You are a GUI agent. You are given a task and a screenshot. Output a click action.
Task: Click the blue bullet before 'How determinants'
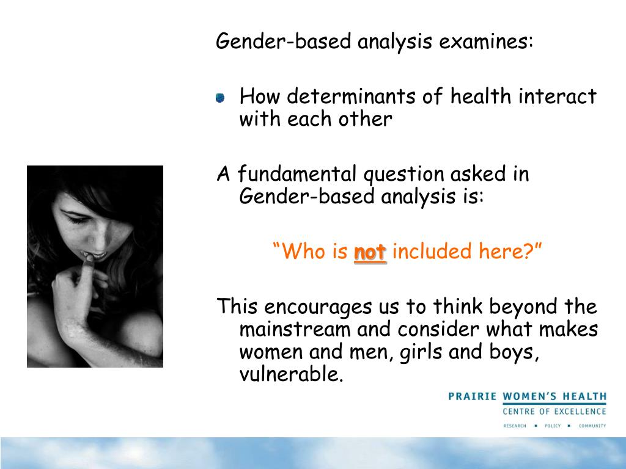(x=220, y=98)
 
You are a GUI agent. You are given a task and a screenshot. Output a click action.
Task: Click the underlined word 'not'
(x=370, y=252)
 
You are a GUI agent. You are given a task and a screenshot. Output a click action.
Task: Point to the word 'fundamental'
(x=298, y=175)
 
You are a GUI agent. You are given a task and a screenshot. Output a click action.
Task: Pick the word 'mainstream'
(x=295, y=330)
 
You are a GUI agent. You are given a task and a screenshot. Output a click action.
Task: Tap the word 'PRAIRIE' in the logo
(x=473, y=396)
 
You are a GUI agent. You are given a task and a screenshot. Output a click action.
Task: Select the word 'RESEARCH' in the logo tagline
(x=514, y=426)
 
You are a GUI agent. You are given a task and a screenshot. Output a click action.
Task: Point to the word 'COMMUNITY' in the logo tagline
(x=592, y=426)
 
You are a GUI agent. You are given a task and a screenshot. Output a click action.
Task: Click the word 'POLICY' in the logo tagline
(x=552, y=426)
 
